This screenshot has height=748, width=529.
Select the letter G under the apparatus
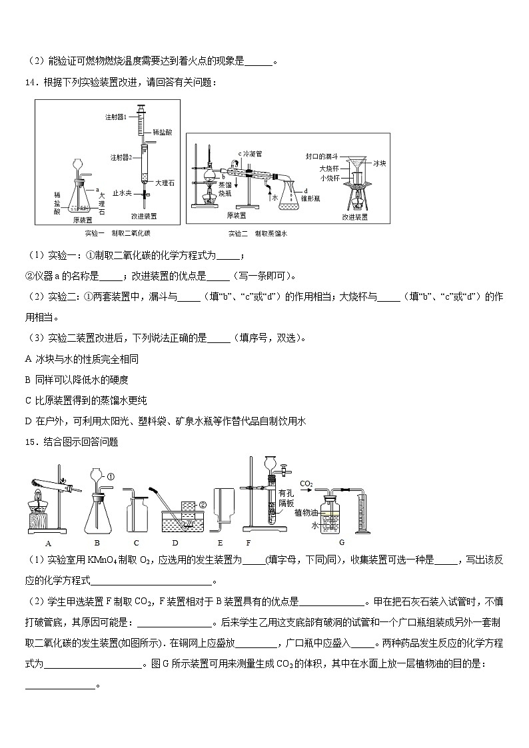point(342,542)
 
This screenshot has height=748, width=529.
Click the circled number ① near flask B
point(111,477)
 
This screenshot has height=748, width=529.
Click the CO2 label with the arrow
point(306,484)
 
